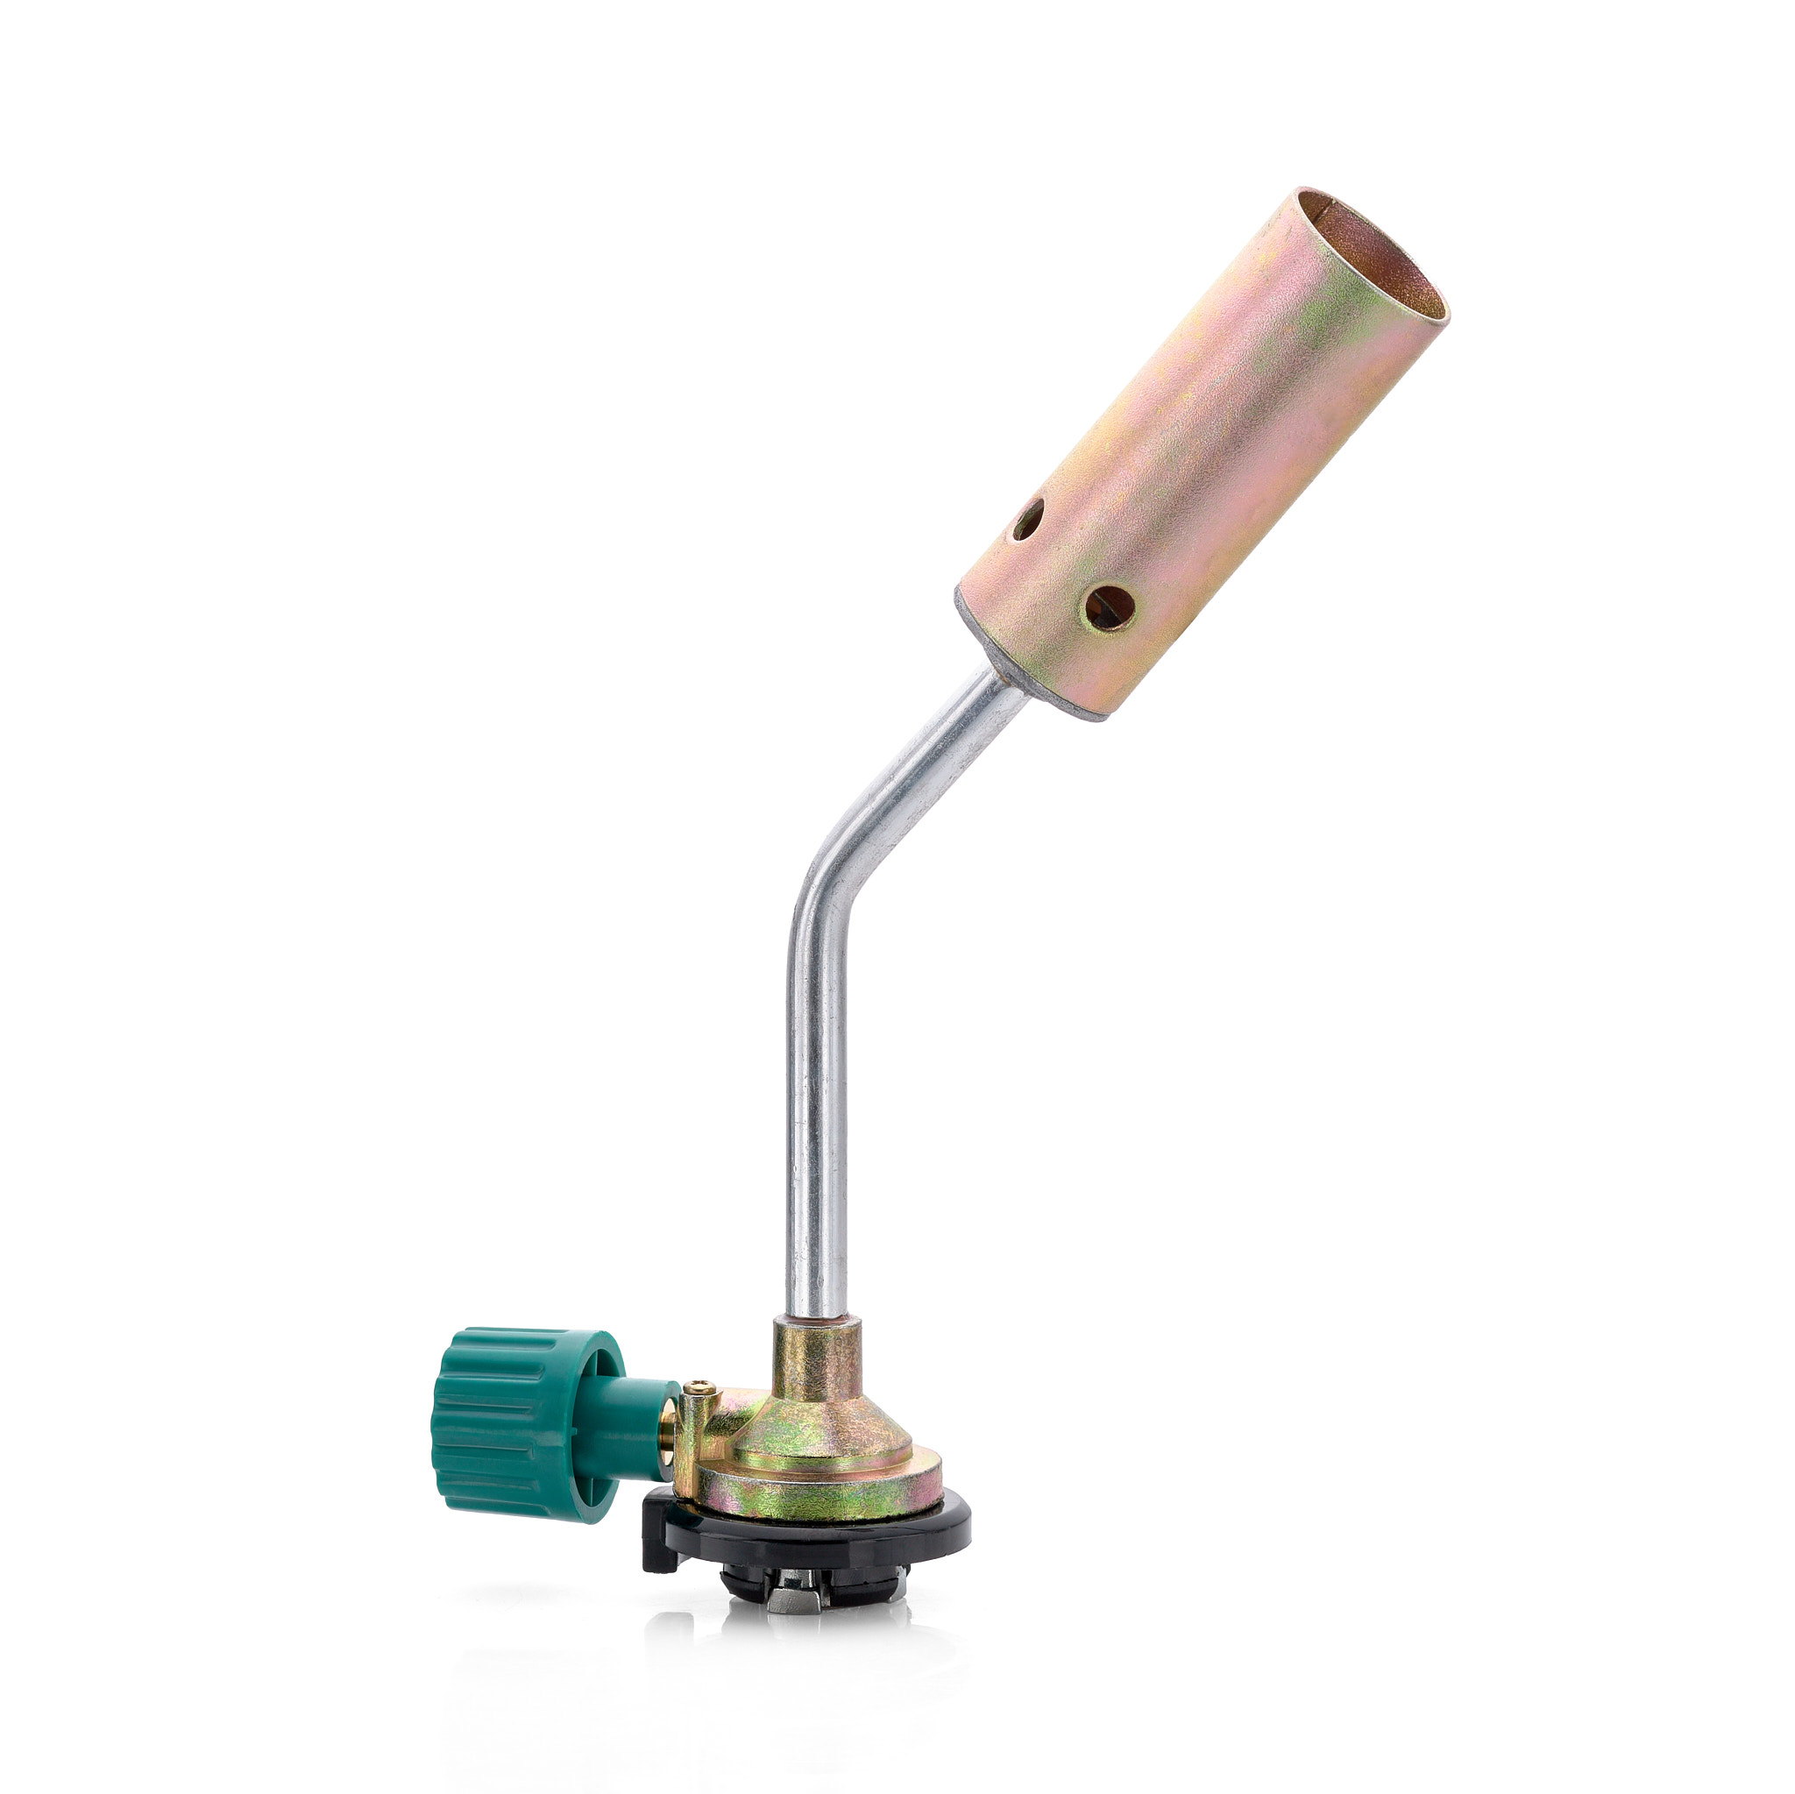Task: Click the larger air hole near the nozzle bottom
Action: [1110, 608]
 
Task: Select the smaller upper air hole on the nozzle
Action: [1027, 521]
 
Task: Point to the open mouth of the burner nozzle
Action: [1375, 260]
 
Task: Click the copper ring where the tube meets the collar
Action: [815, 1317]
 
